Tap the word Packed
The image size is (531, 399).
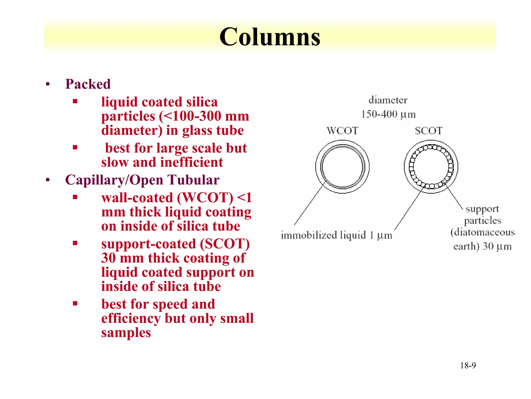(x=88, y=84)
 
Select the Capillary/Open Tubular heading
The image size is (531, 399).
(x=142, y=180)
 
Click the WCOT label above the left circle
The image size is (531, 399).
(x=342, y=131)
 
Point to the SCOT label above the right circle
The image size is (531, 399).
(x=429, y=131)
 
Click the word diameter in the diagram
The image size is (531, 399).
(x=388, y=100)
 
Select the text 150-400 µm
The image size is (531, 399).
(x=388, y=114)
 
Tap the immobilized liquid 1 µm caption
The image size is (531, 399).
(x=336, y=235)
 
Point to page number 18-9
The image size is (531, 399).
(x=468, y=365)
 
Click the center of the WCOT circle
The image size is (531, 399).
(x=342, y=167)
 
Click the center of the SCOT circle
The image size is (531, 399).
(x=431, y=167)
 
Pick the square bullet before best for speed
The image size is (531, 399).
(x=75, y=303)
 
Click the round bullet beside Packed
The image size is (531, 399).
(x=48, y=84)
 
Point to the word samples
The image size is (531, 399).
(x=126, y=332)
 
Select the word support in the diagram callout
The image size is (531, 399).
(x=482, y=209)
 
